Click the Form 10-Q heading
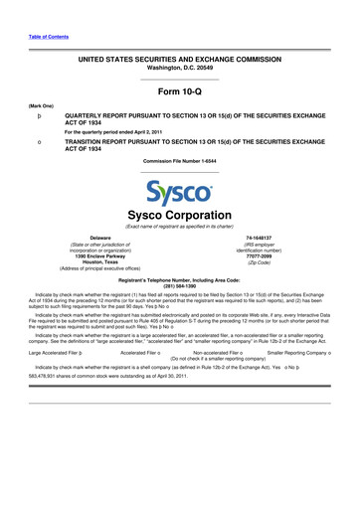coord(179,90)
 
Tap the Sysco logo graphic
coord(179,191)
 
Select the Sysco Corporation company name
coord(179,216)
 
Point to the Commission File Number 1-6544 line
coord(179,160)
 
